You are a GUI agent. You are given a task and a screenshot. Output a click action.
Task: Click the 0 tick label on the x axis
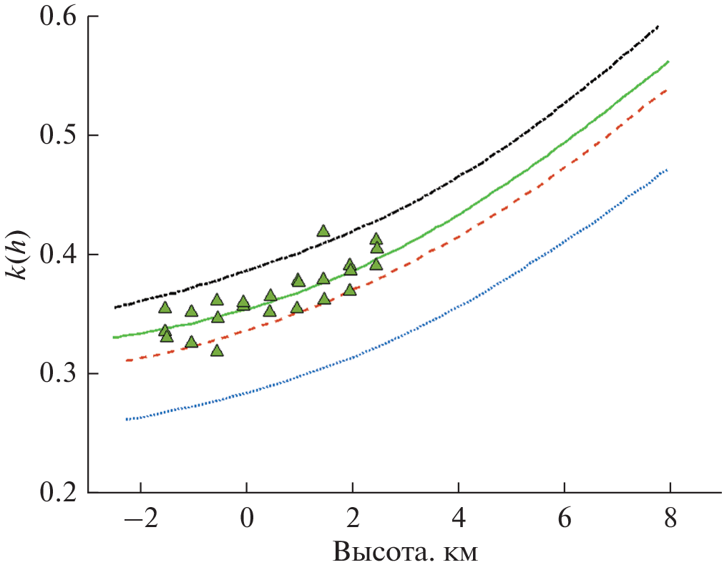pyautogui.click(x=246, y=519)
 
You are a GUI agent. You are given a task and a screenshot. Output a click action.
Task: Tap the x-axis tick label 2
pyautogui.click(x=352, y=519)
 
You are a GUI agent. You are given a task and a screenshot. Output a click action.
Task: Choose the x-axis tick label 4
pyautogui.click(x=458, y=519)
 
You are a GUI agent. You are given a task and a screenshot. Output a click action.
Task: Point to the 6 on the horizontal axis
pyautogui.click(x=564, y=519)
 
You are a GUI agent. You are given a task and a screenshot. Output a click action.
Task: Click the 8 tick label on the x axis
pyautogui.click(x=670, y=519)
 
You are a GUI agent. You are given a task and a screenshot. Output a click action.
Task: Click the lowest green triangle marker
pyautogui.click(x=217, y=350)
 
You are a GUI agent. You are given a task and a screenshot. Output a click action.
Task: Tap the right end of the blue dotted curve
pyautogui.click(x=667, y=169)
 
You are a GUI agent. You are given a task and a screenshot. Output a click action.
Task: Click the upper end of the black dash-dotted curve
pyautogui.click(x=658, y=26)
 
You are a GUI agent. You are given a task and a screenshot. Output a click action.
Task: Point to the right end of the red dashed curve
pyautogui.click(x=667, y=90)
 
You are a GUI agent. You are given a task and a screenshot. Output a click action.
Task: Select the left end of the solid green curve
pyautogui.click(x=114, y=337)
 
